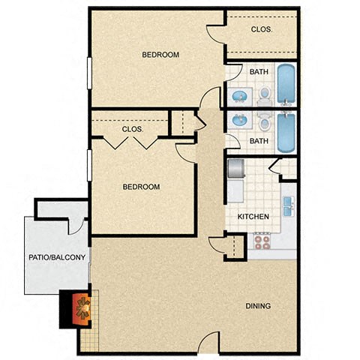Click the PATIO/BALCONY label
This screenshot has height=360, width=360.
pos(58,257)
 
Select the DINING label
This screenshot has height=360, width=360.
pos(257,306)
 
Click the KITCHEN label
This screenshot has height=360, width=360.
pos(253,217)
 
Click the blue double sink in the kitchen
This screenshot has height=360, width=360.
pos(288,205)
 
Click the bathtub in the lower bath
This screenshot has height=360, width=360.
pos(286,133)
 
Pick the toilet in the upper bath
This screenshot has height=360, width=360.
pos(264,96)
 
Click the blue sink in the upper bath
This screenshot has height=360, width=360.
pos(239,97)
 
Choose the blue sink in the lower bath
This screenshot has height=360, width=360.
pos(239,120)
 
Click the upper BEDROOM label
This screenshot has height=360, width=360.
pos(160,55)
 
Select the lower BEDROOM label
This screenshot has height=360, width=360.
pos(141,187)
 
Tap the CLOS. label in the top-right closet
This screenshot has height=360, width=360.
pos(261,30)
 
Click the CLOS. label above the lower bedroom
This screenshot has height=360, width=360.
pos(133,129)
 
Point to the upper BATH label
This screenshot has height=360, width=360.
pos(259,72)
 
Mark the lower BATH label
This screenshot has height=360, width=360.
pos(259,141)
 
